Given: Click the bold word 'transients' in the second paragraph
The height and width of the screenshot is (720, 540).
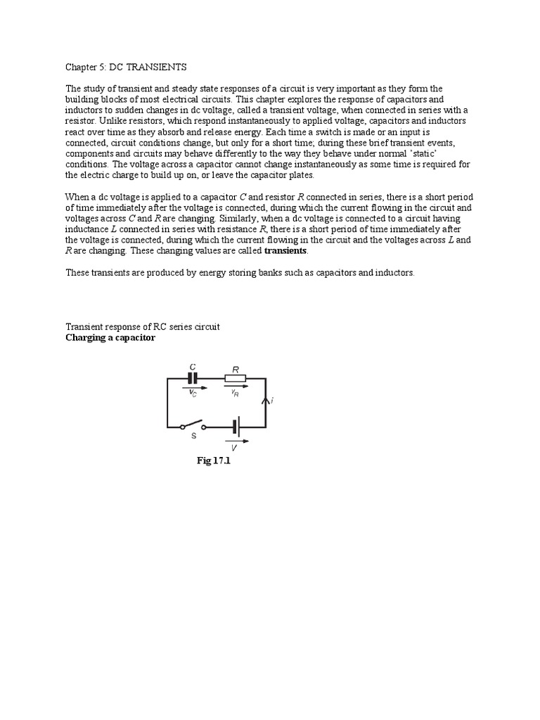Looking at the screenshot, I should [285, 250].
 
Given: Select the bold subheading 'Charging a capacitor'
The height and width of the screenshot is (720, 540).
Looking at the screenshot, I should [110, 337].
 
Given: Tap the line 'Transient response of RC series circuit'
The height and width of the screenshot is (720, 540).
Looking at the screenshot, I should [143, 327].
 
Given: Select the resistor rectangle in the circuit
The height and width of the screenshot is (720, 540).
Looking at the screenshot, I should [236, 378].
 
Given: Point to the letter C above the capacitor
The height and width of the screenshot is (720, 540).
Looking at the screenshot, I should [193, 366].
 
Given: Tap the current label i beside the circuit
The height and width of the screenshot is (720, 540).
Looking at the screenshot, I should [271, 401].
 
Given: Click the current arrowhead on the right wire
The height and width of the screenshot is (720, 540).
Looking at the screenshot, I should [265, 401].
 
